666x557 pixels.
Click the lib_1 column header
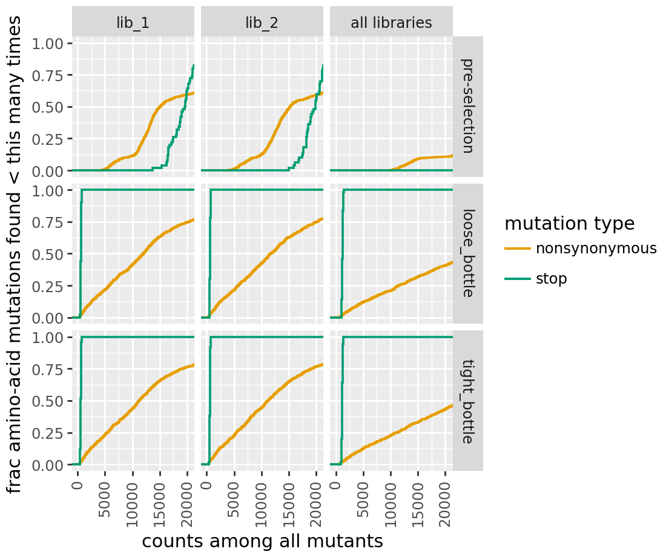click(x=133, y=23)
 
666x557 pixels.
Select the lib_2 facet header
click(x=262, y=23)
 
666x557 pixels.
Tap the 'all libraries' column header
click(x=391, y=23)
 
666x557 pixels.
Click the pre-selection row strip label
click(x=468, y=106)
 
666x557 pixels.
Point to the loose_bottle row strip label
click(x=468, y=254)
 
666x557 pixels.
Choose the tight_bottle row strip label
click(x=468, y=401)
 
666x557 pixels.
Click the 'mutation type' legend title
click(x=569, y=224)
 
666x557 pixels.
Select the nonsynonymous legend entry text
click(x=596, y=248)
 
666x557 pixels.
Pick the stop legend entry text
click(x=552, y=279)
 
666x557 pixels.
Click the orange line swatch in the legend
click(x=518, y=248)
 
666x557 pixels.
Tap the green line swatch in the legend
click(x=518, y=279)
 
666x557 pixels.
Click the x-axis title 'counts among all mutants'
click(x=262, y=541)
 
